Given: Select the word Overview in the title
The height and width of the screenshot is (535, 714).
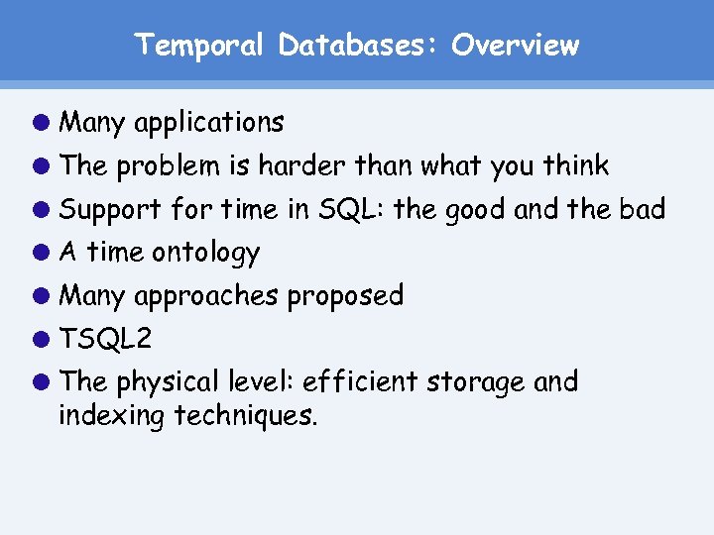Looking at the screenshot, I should point(515,46).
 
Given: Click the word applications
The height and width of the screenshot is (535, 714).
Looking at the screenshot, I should point(208,124).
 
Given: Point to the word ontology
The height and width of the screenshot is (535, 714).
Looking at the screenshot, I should point(205,254).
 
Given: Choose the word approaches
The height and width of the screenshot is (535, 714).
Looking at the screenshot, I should point(205,296).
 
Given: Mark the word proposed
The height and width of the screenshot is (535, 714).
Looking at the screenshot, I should point(346,296).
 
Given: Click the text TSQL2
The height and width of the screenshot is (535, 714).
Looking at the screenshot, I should point(105,339).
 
